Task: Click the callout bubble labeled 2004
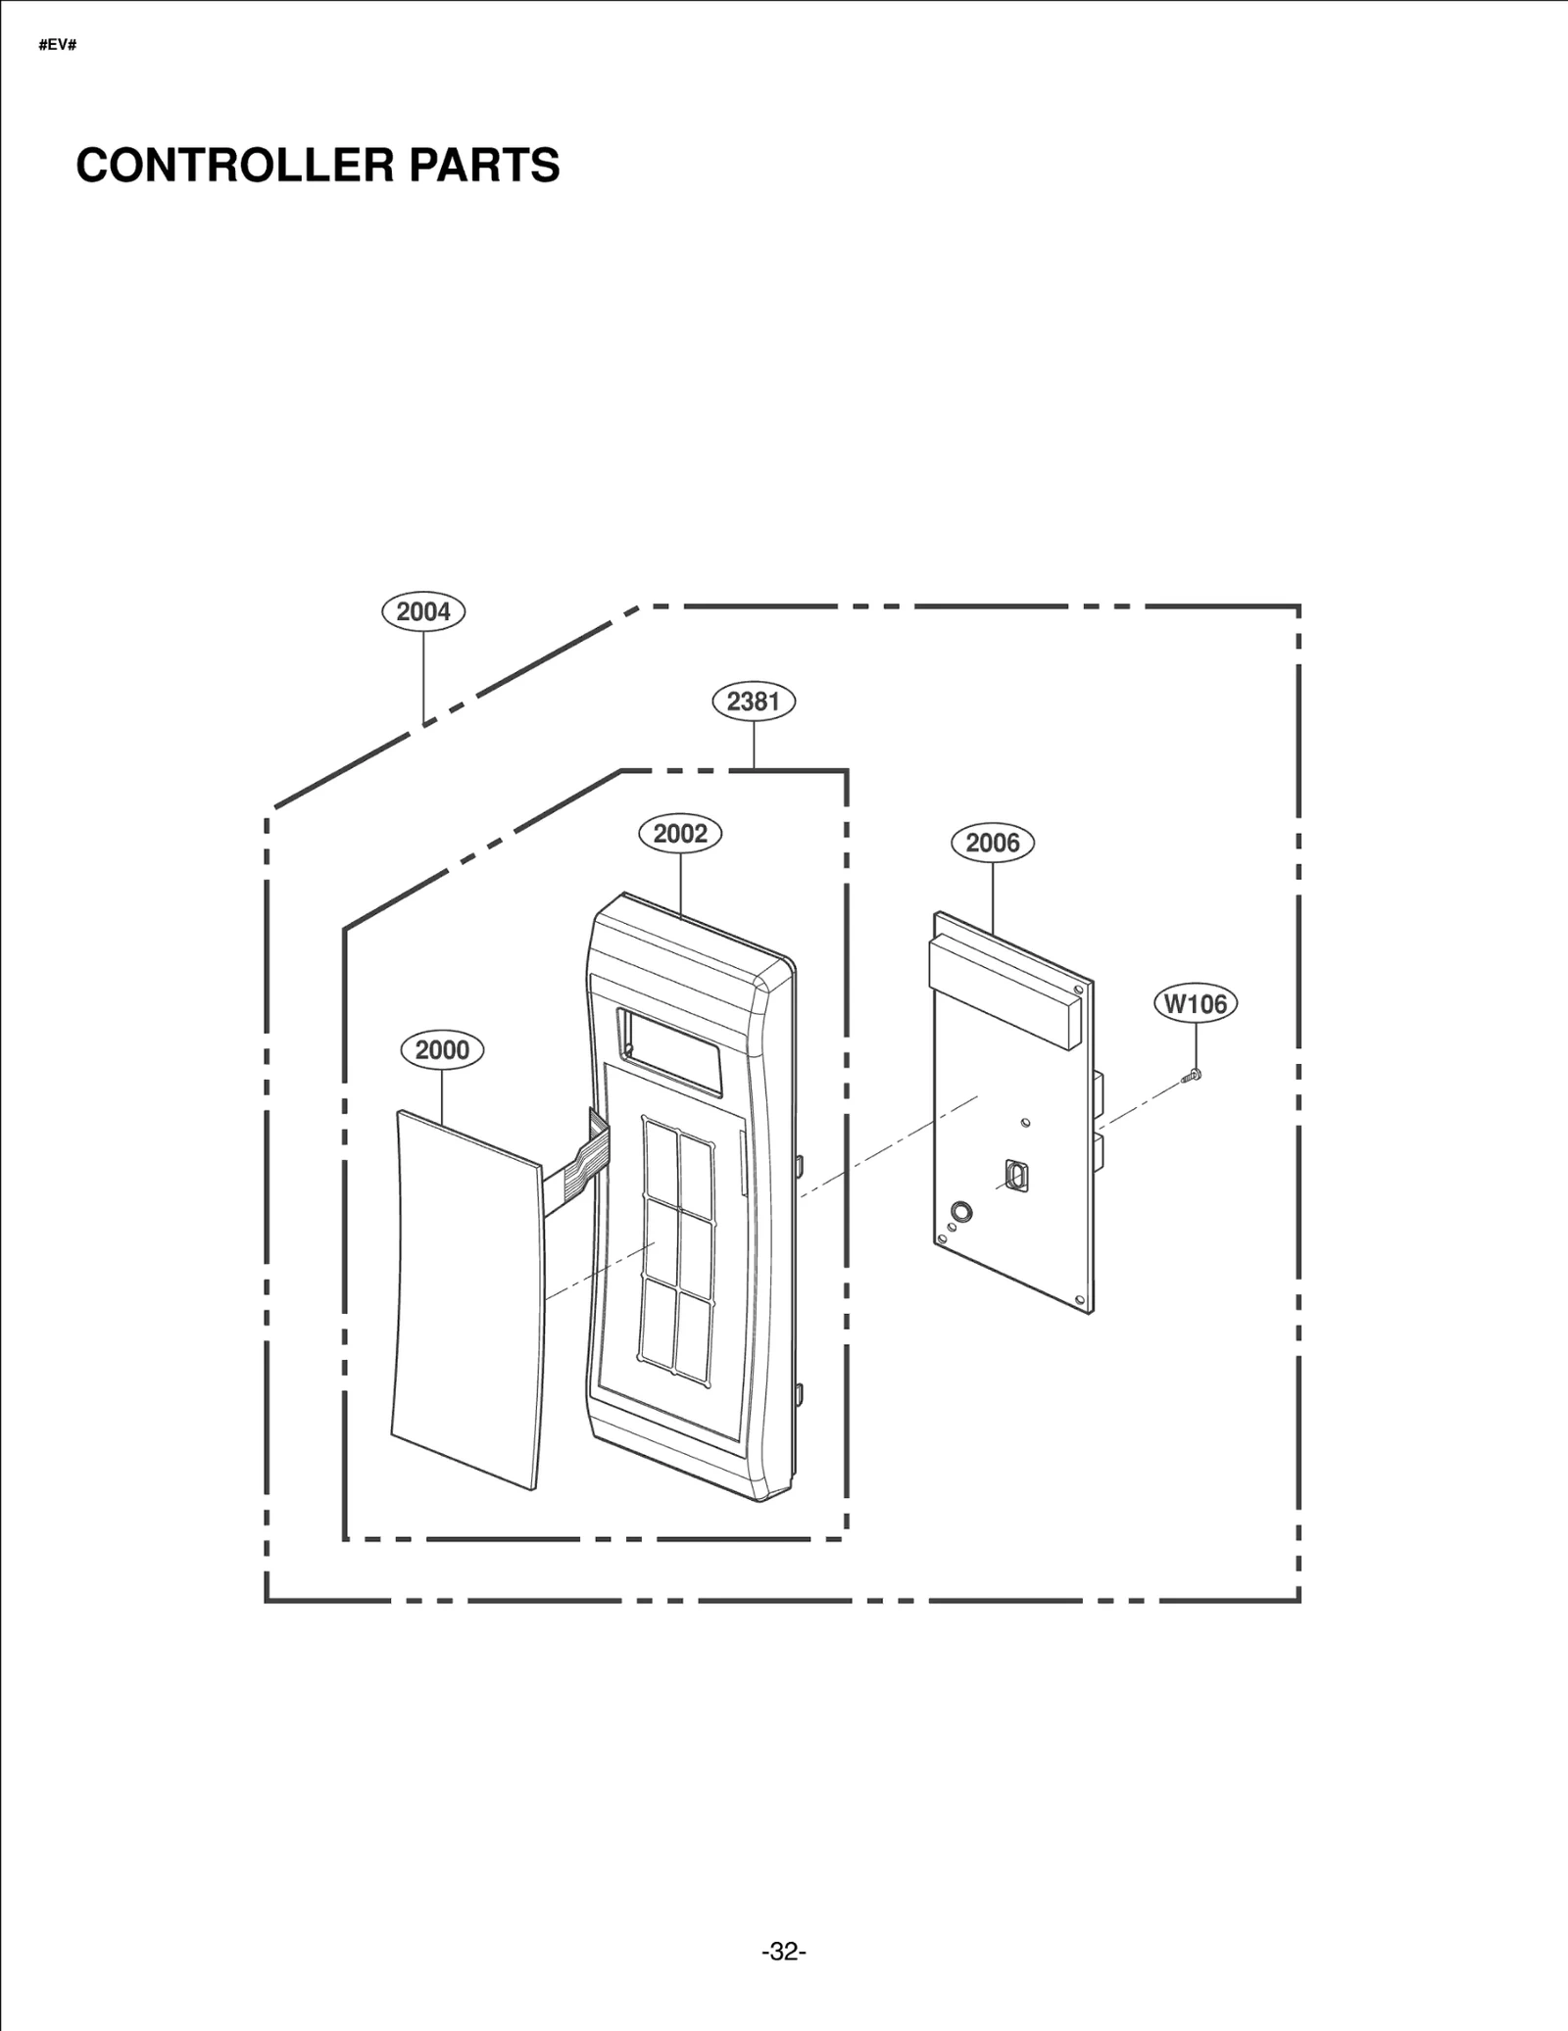pyautogui.click(x=423, y=611)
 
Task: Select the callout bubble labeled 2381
pyautogui.click(x=753, y=701)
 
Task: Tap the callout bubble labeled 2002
pyautogui.click(x=680, y=834)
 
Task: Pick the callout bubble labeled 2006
pyautogui.click(x=993, y=843)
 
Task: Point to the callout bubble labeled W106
pyautogui.click(x=1196, y=1004)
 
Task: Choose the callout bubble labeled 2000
pyautogui.click(x=442, y=1050)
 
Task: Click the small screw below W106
pyautogui.click(x=1193, y=1076)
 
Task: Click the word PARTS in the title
pyautogui.click(x=484, y=165)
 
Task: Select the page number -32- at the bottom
pyautogui.click(x=784, y=1952)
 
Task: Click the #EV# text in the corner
pyautogui.click(x=58, y=45)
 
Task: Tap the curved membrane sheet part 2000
pyautogui.click(x=466, y=1303)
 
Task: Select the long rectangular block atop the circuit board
pyautogui.click(x=1004, y=990)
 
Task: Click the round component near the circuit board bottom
pyautogui.click(x=962, y=1211)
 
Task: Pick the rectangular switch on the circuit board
pyautogui.click(x=1016, y=1176)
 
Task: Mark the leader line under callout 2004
pyautogui.click(x=423, y=676)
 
